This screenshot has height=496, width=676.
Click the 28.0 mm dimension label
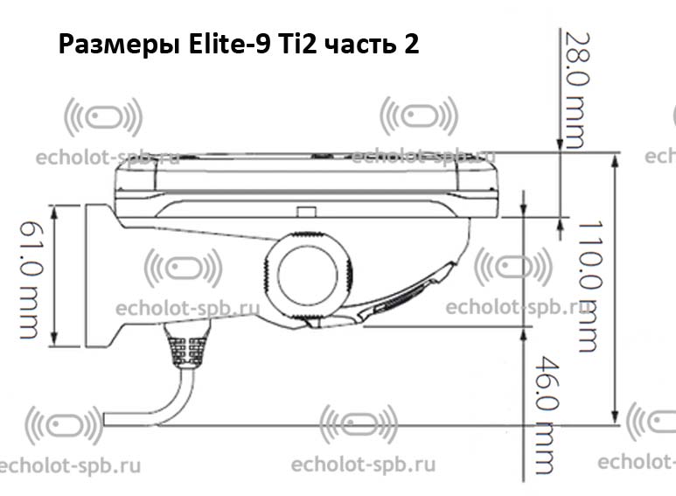coord(577,91)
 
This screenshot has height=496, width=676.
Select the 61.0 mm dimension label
coord(31,279)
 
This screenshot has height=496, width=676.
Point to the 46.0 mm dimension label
coord(547,415)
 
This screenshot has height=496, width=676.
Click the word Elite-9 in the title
coord(230,44)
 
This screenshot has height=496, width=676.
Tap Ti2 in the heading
coord(298,44)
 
